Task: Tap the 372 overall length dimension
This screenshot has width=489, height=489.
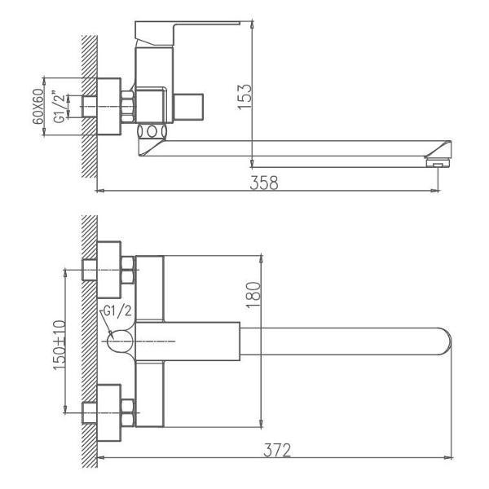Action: point(278,448)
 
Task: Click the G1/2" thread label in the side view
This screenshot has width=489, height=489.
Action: point(60,106)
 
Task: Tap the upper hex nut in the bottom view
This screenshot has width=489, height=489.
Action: point(127,269)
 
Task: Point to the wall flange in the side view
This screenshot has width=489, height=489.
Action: point(108,106)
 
